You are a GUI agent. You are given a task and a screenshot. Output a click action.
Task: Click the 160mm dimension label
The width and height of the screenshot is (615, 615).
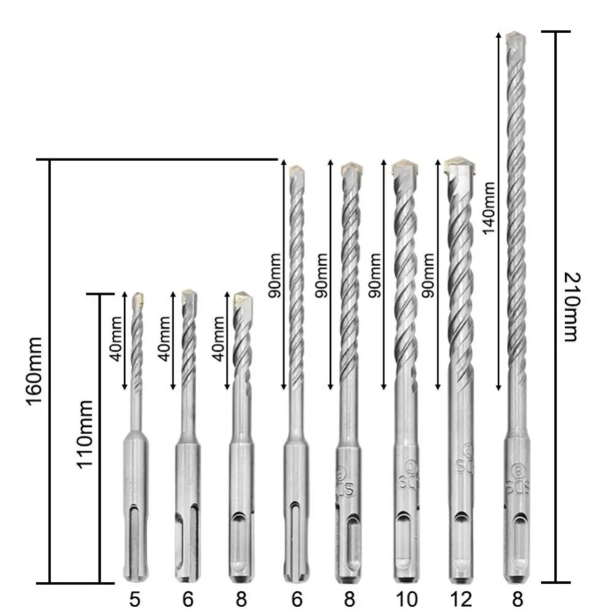[34, 371]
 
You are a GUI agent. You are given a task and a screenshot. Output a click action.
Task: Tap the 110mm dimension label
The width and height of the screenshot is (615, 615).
[85, 434]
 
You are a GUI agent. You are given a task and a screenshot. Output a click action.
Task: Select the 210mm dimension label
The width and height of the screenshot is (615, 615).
[571, 307]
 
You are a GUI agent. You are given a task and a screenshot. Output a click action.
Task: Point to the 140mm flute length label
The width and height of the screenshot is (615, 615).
[489, 208]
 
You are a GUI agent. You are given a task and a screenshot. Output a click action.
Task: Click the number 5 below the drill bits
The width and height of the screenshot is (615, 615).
[135, 599]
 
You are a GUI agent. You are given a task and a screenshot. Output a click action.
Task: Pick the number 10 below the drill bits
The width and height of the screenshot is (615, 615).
[406, 599]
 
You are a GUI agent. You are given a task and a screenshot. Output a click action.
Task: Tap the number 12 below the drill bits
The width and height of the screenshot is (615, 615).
[461, 599]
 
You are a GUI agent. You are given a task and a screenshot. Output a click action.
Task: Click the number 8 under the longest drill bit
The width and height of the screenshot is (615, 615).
[518, 599]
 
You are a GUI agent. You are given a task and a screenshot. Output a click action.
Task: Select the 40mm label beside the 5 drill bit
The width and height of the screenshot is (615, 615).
[116, 339]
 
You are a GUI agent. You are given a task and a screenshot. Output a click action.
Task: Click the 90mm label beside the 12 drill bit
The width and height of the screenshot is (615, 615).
[428, 276]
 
